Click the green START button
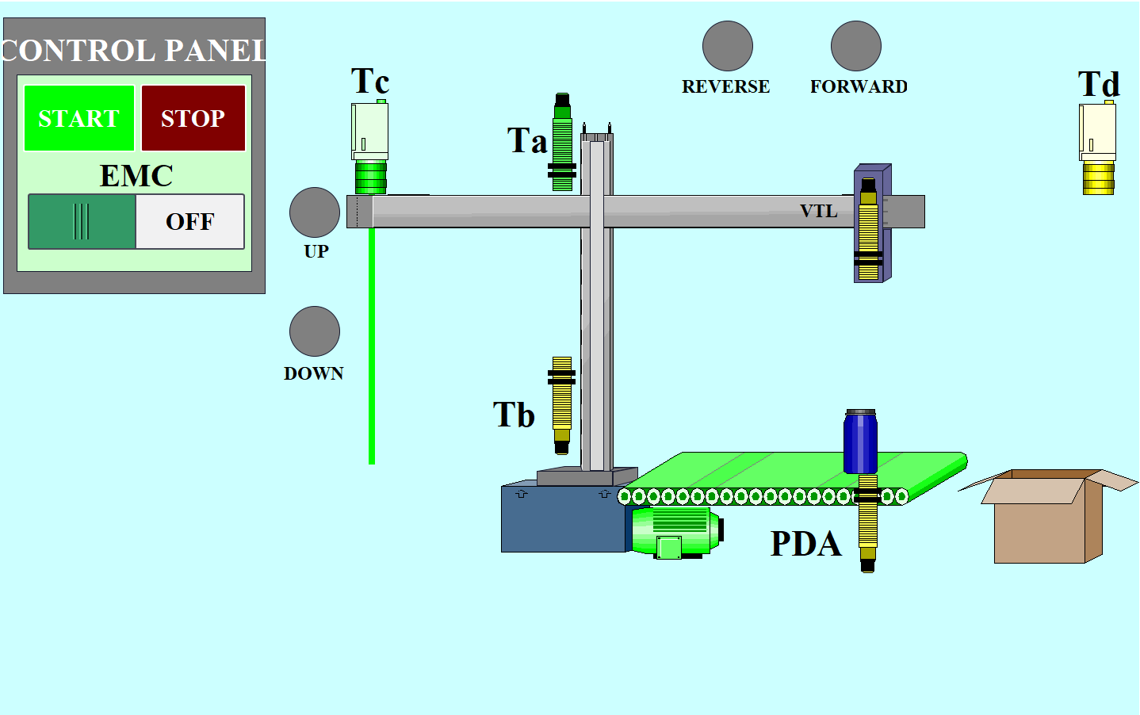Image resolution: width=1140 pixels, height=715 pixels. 79,118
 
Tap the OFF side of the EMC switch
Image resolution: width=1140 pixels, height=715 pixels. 190,222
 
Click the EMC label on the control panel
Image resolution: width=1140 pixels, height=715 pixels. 136,176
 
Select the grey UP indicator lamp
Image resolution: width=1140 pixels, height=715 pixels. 315,212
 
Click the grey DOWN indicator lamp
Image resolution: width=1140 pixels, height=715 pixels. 315,331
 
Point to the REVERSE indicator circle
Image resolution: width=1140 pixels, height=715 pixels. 727,46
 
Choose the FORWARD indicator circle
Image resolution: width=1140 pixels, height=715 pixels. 855,46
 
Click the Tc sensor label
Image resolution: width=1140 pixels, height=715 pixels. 370,81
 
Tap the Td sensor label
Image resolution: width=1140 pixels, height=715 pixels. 1099,84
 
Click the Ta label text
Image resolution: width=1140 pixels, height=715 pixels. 527,141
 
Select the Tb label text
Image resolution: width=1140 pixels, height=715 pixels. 514,415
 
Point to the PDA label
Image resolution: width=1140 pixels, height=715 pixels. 805,544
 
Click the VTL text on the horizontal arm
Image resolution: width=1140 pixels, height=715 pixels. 818,211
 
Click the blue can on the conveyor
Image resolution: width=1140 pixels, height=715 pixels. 860,442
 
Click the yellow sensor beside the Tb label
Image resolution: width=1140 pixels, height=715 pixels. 562,404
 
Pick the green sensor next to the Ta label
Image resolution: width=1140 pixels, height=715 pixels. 562,143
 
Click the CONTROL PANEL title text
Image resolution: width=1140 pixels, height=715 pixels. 133,51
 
